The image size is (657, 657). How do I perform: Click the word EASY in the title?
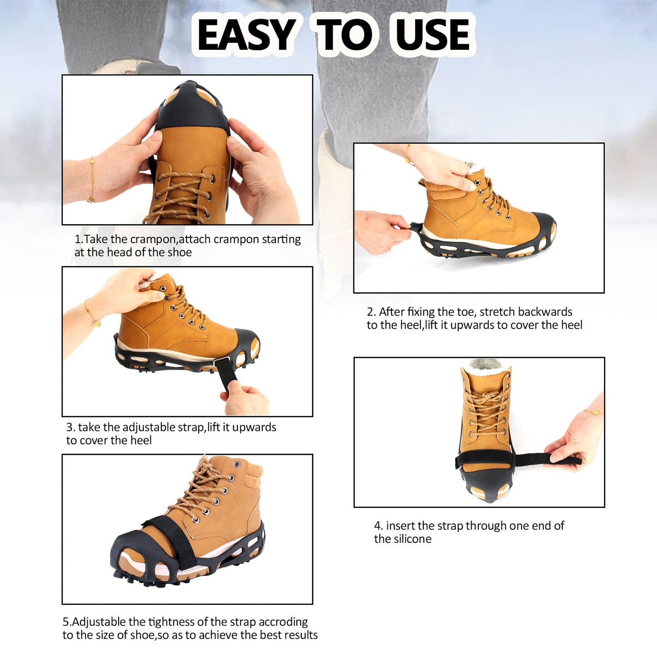247,35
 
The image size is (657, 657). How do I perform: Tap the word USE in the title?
432,35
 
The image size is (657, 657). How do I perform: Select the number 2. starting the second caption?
371,312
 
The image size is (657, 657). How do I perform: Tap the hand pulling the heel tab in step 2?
380,231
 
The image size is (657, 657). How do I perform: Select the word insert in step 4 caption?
400,526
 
